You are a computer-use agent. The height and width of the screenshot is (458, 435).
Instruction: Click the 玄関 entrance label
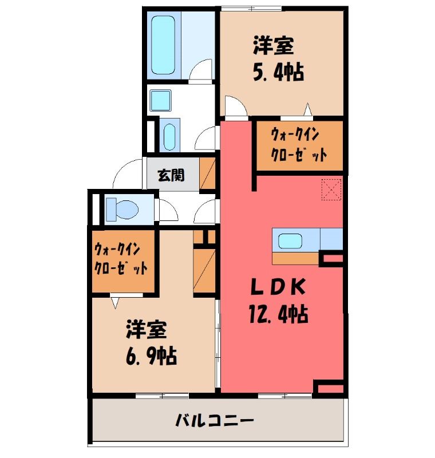171,176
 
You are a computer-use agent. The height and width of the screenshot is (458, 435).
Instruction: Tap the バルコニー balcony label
214,421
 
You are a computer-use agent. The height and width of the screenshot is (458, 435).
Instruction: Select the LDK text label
278,288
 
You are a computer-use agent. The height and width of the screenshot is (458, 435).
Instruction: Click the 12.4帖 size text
278,314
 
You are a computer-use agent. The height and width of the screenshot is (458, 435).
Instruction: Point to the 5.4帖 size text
278,72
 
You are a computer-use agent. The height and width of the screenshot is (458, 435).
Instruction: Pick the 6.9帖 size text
151,356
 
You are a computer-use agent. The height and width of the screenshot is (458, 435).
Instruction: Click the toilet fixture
122,210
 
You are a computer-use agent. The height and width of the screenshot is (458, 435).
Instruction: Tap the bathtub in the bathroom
164,45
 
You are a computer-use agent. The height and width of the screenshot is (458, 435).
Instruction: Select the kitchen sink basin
290,241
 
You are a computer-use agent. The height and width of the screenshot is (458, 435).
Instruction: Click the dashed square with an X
331,190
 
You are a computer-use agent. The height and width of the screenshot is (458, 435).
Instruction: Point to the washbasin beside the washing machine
169,137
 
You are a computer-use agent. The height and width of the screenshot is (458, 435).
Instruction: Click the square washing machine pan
160,100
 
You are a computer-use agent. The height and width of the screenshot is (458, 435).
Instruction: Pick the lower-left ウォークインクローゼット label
121,259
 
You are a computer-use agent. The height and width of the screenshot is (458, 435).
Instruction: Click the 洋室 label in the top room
273,46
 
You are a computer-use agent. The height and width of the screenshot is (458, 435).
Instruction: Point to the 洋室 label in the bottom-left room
147,330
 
